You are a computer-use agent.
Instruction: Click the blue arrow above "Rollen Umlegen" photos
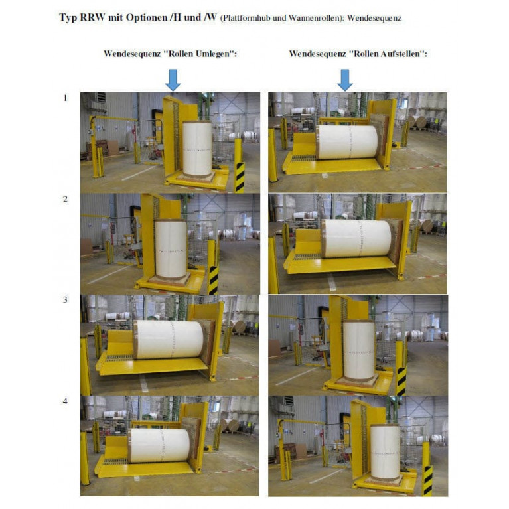tap(173, 80)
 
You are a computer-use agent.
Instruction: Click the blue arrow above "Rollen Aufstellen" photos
tap(344, 80)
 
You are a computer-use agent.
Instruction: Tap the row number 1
tap(65, 98)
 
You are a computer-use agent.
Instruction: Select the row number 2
tap(65, 199)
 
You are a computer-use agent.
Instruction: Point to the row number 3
tap(65, 299)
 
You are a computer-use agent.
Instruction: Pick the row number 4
tap(65, 401)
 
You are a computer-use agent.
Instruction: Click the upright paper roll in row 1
tap(197, 149)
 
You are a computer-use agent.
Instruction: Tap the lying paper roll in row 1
tap(347, 142)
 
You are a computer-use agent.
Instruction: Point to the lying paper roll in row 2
tap(357, 239)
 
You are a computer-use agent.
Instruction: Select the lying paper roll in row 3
tap(169, 339)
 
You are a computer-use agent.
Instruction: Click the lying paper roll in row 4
tap(159, 445)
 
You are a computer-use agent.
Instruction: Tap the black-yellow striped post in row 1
tap(240, 166)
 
